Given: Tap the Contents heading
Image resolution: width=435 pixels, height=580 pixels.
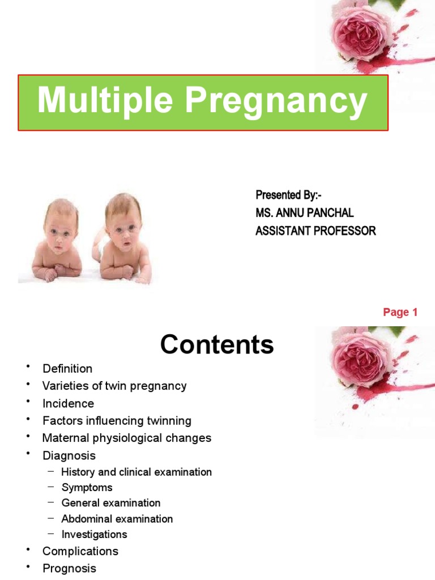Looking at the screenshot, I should click(217, 344).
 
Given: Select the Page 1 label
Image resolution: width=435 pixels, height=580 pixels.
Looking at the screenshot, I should click(400, 312).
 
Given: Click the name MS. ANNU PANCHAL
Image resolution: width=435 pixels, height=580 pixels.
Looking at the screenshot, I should click(304, 213).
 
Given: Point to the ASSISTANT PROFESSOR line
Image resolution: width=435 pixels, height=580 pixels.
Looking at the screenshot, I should click(315, 231).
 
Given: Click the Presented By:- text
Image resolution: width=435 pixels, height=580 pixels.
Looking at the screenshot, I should click(288, 195).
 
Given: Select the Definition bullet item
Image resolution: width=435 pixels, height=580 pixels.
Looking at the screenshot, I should click(67, 369).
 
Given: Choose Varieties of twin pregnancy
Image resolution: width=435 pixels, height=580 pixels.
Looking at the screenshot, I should click(114, 386).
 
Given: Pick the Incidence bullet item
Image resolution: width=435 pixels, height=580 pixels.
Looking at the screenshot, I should click(68, 403).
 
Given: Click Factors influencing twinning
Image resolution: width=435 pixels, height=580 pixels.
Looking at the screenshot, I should click(117, 421).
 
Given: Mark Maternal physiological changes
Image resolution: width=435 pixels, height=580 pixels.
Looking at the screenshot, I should click(126, 438).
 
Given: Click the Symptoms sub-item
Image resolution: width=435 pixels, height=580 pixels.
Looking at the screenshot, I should click(87, 487).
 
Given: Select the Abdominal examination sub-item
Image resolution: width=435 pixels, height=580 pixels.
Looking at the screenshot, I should click(117, 518).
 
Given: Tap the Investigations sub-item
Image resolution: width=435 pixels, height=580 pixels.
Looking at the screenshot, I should click(94, 534).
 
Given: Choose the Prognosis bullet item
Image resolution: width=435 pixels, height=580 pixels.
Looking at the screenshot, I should click(69, 568).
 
